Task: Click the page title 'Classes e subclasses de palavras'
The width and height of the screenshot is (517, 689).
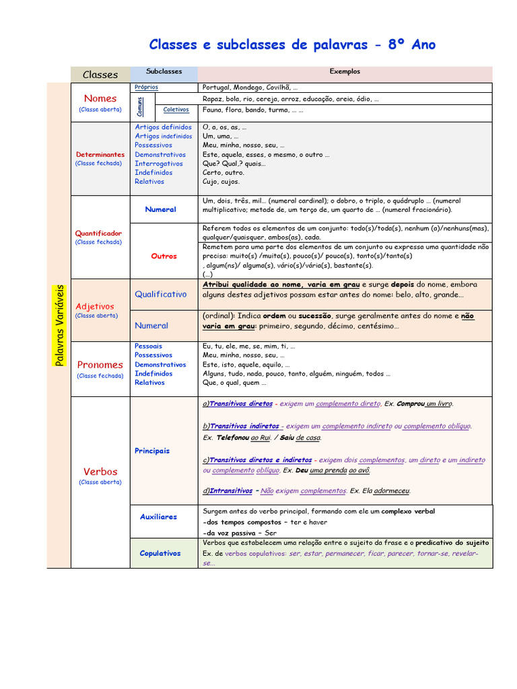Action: (x=258, y=45)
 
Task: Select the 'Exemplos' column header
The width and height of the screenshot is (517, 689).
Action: (x=345, y=71)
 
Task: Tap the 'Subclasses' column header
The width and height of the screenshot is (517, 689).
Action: (x=164, y=71)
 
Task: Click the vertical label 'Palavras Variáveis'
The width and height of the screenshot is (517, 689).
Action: (x=59, y=325)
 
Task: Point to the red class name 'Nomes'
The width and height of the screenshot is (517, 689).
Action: (x=100, y=98)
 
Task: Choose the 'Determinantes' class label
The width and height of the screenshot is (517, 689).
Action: (x=100, y=154)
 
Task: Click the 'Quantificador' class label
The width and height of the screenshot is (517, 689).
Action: (x=99, y=233)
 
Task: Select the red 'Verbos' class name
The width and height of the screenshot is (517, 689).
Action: (x=100, y=472)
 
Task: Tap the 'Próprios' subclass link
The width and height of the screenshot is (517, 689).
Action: (x=146, y=87)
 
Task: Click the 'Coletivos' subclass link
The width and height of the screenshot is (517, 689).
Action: (x=176, y=110)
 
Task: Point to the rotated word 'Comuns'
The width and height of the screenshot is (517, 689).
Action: (x=139, y=106)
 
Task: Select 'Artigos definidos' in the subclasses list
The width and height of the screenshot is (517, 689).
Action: (x=163, y=127)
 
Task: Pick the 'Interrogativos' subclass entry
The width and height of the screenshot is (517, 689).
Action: (x=158, y=164)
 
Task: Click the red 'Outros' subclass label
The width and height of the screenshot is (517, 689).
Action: (x=164, y=256)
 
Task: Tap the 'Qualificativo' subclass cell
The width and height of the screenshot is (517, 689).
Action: (x=160, y=294)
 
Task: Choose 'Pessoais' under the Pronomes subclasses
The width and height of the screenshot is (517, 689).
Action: (x=148, y=346)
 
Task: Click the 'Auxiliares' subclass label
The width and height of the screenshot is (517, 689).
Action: (x=158, y=517)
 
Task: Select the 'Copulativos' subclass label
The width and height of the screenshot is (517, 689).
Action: (x=160, y=553)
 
